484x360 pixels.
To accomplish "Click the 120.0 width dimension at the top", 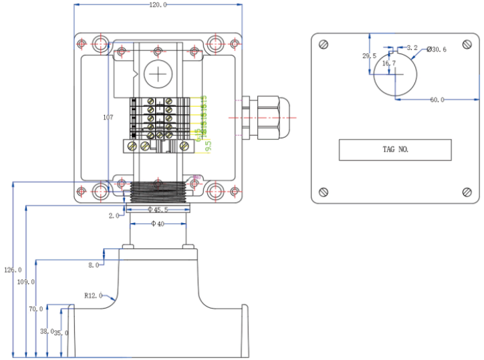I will click(157, 5).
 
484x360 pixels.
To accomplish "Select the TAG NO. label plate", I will click(394, 150).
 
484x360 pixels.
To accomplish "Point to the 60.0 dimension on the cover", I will click(437, 100).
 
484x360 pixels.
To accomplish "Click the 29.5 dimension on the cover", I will click(369, 56).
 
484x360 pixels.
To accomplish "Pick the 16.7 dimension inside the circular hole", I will click(389, 63).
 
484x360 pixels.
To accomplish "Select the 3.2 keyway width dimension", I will click(412, 48).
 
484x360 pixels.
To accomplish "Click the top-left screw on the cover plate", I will click(324, 45).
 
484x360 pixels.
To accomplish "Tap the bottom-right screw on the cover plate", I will click(466, 192).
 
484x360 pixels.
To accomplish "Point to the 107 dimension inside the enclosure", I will click(108, 118).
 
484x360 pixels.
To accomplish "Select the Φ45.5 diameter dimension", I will click(157, 209).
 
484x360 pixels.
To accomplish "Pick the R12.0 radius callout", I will click(93, 295).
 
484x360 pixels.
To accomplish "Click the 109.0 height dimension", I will click(25, 282).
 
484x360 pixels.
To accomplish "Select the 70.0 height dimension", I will click(35, 309).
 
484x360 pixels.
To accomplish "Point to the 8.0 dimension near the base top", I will click(93, 265).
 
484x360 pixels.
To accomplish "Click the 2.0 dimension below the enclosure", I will click(114, 216).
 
